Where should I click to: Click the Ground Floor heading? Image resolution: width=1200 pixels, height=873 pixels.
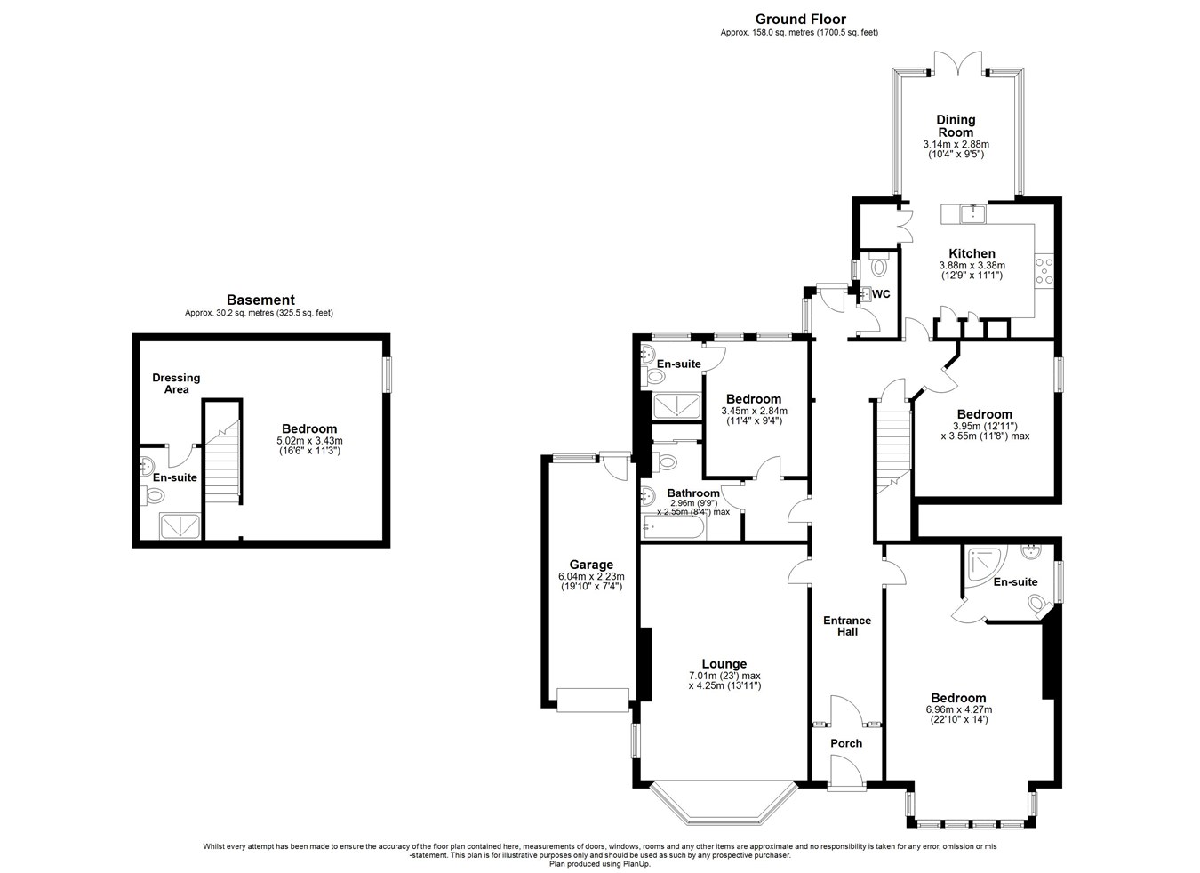click(x=800, y=20)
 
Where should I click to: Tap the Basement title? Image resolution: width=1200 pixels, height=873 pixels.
click(x=261, y=300)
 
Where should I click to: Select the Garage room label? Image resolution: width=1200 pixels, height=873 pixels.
click(x=591, y=565)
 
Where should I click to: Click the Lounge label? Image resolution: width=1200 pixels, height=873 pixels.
click(x=724, y=664)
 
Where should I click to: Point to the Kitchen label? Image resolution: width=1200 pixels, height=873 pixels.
click(x=972, y=253)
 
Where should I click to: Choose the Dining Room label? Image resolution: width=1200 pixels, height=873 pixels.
click(x=956, y=126)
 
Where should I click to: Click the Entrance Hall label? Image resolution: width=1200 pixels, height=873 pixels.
click(x=847, y=626)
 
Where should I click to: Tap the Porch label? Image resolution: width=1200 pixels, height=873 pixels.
click(x=846, y=743)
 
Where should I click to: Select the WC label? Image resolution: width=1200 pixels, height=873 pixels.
click(x=881, y=294)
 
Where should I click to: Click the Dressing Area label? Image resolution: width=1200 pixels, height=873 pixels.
click(x=176, y=384)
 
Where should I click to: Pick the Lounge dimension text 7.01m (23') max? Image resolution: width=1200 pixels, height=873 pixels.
click(x=724, y=676)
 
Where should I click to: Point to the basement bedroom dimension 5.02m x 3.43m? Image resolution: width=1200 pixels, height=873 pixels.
click(x=309, y=441)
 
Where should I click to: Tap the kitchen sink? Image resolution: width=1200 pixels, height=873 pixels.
click(x=972, y=214)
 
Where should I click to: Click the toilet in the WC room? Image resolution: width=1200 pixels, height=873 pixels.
click(x=879, y=263)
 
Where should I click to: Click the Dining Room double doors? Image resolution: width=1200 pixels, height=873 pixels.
click(x=958, y=63)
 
